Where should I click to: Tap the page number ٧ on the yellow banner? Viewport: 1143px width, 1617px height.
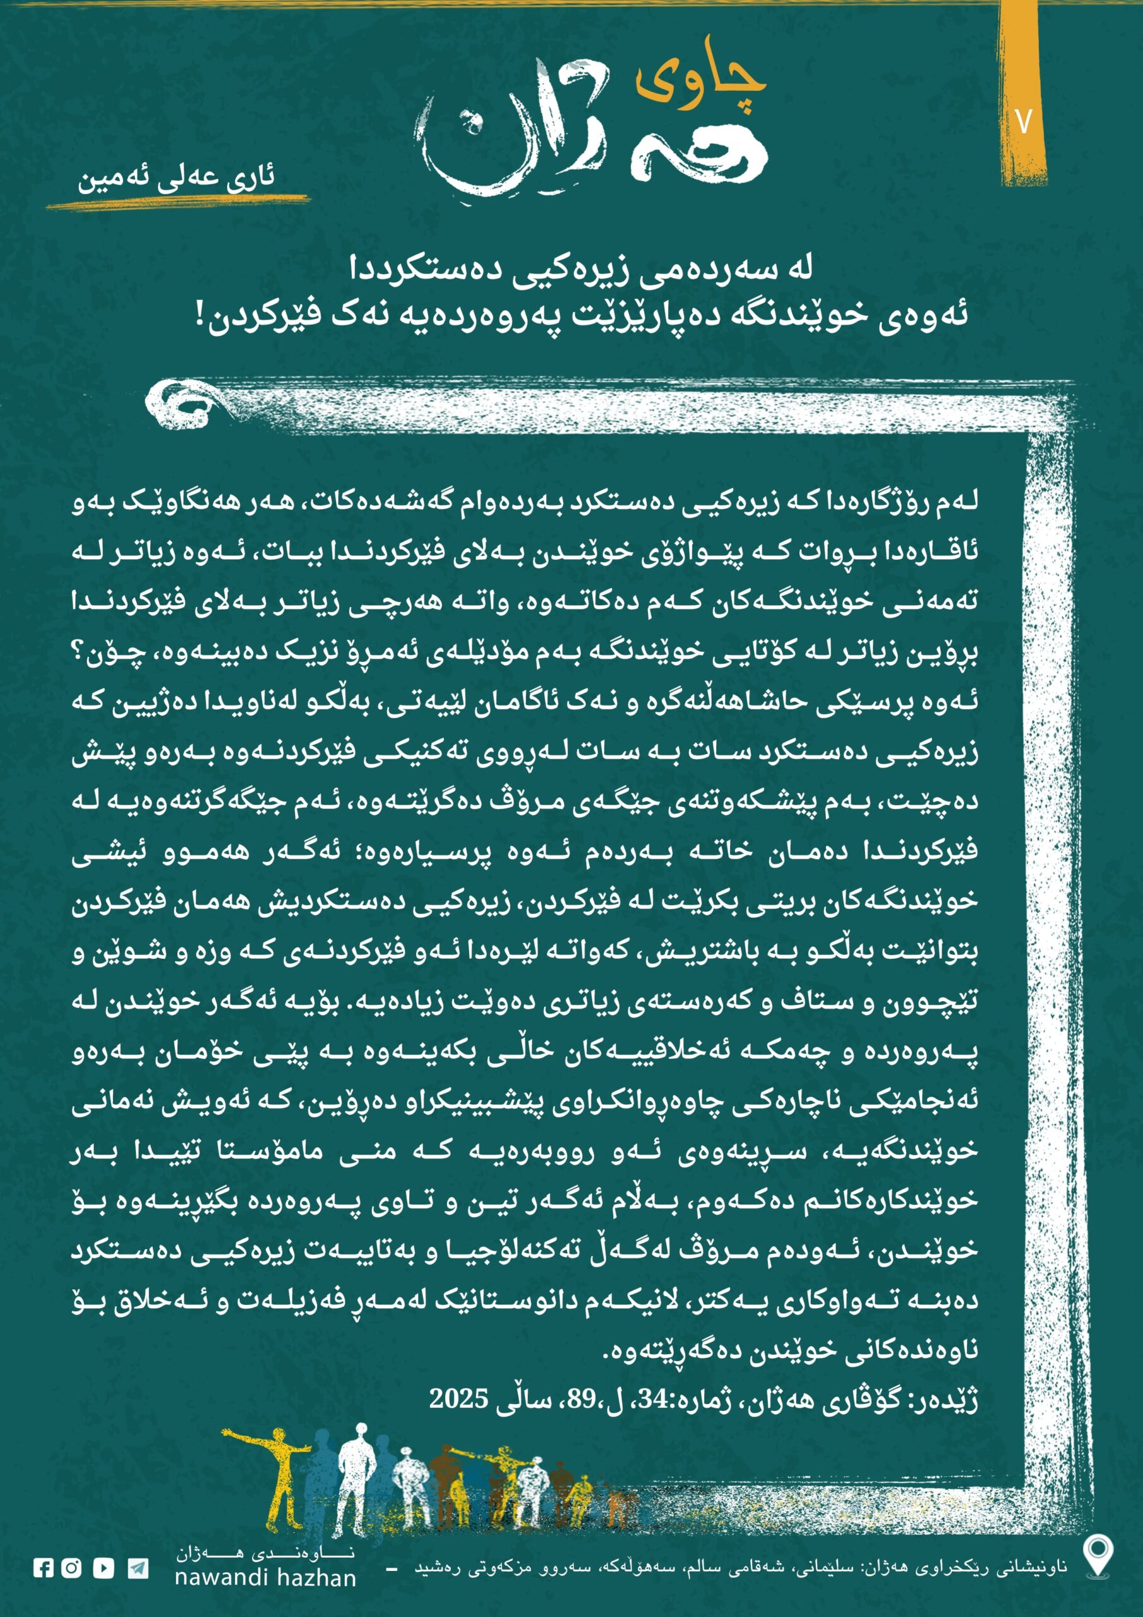[1024, 121]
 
